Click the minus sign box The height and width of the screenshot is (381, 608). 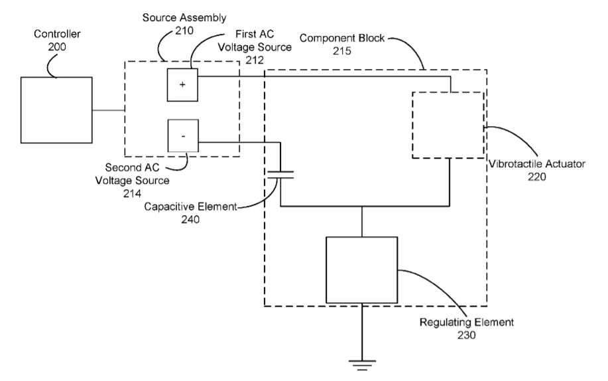click(182, 135)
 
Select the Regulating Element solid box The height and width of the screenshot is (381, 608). click(361, 269)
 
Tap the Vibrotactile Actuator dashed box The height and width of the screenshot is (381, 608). click(448, 125)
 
